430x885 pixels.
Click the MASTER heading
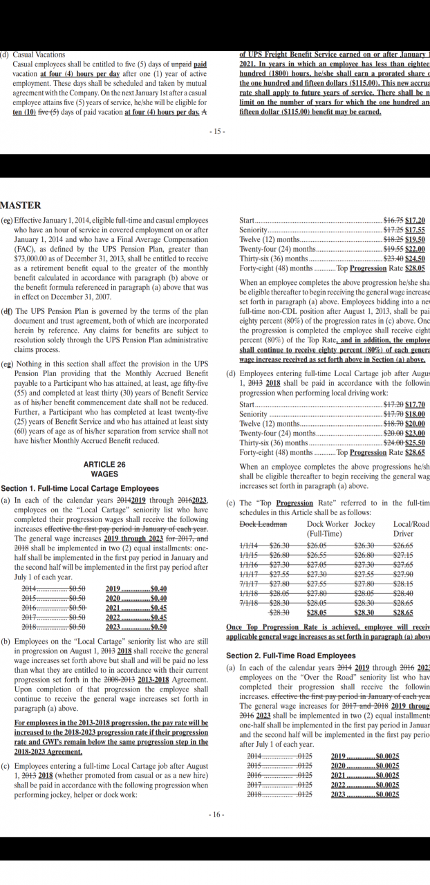(x=21, y=205)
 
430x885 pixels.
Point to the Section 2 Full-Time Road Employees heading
(x=291, y=655)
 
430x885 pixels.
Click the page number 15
(x=216, y=131)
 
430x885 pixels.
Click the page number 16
(x=216, y=815)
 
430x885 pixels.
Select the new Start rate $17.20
(x=415, y=220)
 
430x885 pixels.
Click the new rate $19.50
(x=415, y=239)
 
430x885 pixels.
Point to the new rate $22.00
(x=415, y=249)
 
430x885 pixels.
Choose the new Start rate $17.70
(x=415, y=404)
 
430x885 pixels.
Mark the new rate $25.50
(x=415, y=443)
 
